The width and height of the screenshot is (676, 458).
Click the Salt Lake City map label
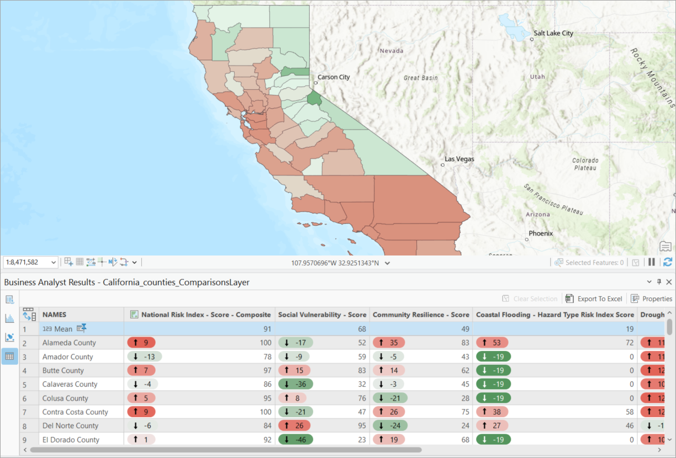click(x=553, y=33)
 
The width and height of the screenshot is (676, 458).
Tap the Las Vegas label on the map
click(x=460, y=159)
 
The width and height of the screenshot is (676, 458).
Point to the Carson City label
click(x=334, y=77)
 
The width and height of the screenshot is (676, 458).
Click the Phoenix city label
click(x=540, y=233)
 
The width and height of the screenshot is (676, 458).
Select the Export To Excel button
click(x=594, y=299)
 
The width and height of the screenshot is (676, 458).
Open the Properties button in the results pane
click(x=652, y=299)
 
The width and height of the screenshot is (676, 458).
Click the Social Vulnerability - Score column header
click(x=322, y=315)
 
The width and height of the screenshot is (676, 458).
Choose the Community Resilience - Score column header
click(x=421, y=315)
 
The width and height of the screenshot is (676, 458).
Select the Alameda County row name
click(x=69, y=343)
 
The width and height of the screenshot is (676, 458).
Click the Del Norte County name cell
click(x=70, y=425)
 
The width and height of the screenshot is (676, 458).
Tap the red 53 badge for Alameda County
click(x=492, y=343)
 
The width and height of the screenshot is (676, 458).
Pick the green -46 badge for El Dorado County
click(x=295, y=440)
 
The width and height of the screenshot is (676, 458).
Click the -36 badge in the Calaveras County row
click(x=295, y=384)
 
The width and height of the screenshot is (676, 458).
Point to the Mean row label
click(x=63, y=329)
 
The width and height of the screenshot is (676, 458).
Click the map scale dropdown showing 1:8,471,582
click(x=30, y=262)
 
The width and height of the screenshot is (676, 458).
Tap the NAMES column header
click(x=54, y=315)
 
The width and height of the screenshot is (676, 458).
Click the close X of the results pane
click(x=669, y=282)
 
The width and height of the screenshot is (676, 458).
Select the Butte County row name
click(x=63, y=370)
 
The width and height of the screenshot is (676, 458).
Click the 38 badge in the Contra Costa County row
click(x=492, y=412)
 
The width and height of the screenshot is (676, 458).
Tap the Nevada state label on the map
click(x=391, y=51)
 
